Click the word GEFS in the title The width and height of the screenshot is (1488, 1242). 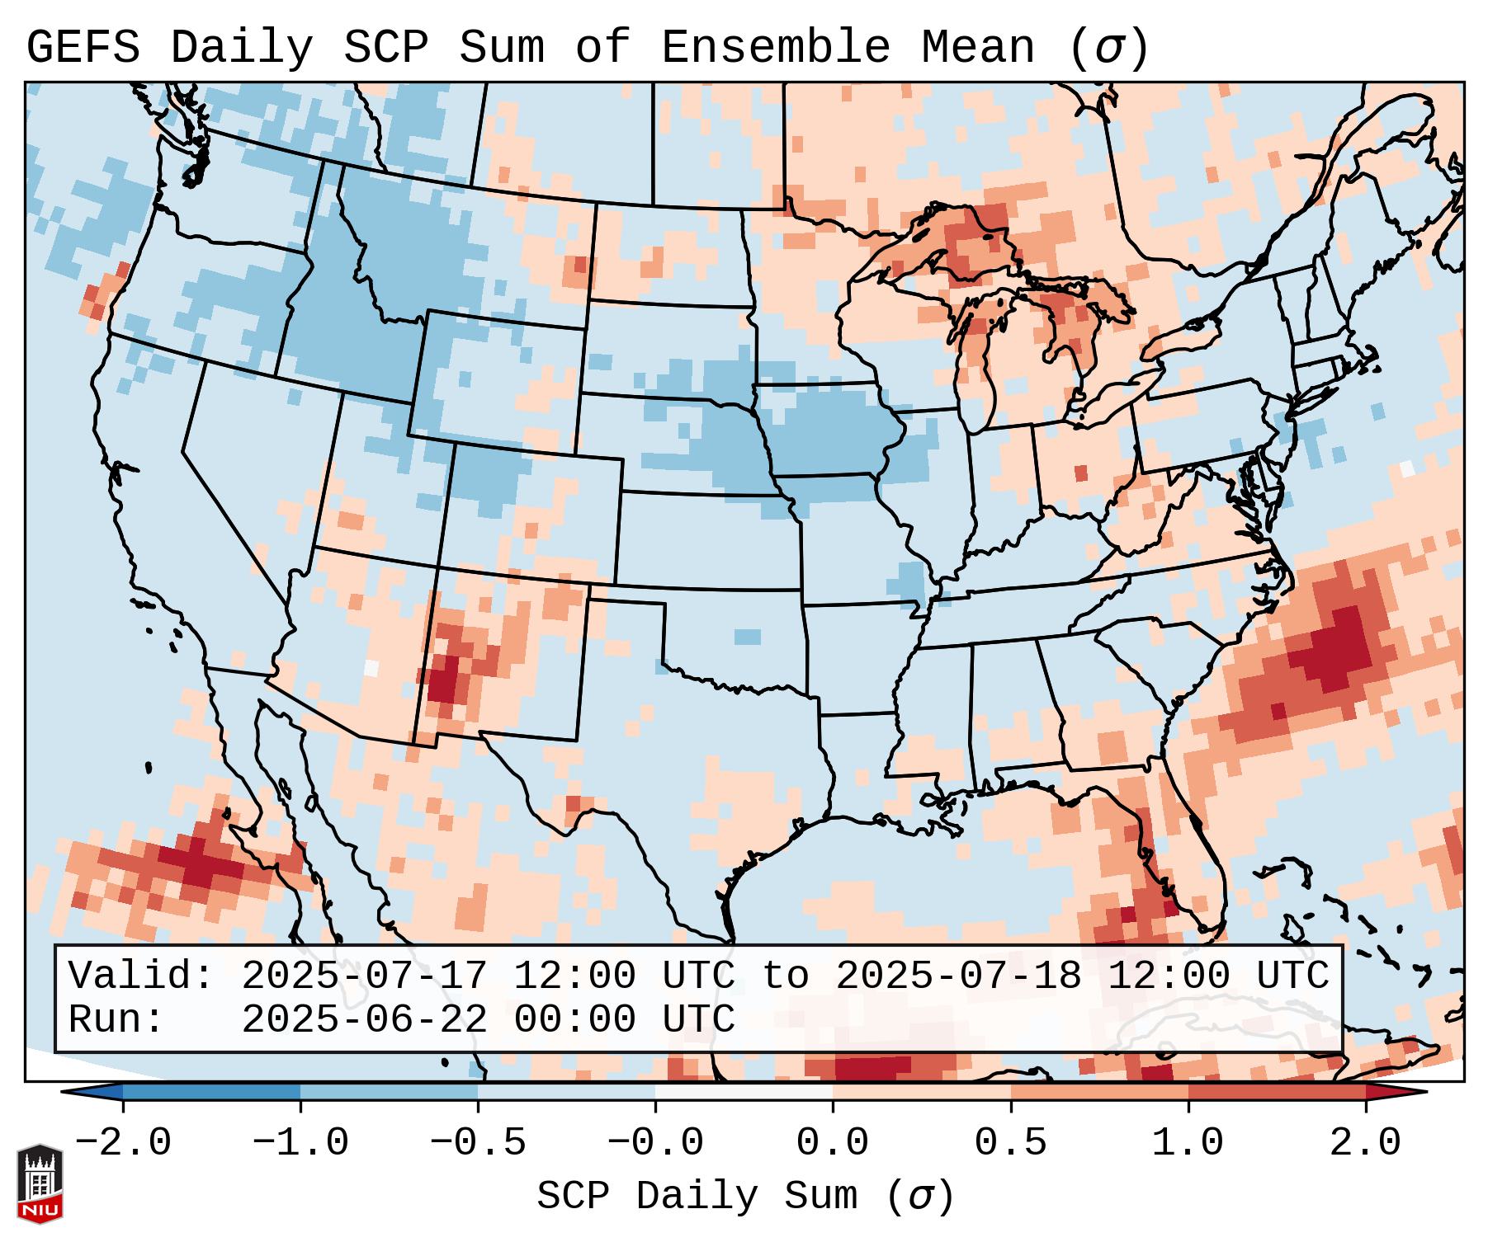click(83, 48)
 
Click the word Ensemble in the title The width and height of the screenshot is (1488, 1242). click(775, 48)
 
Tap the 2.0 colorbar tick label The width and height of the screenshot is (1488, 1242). click(1365, 1143)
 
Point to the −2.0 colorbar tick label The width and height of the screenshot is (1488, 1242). click(122, 1143)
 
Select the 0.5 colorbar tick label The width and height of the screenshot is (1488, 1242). click(1010, 1143)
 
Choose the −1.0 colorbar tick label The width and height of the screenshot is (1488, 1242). click(300, 1143)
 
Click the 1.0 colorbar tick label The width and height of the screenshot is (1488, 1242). click(1188, 1143)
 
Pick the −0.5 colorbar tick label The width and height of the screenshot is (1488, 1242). click(477, 1143)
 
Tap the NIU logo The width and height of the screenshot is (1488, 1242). click(40, 1183)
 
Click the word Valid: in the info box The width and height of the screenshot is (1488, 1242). click(141, 976)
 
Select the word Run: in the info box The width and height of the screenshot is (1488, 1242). click(116, 1020)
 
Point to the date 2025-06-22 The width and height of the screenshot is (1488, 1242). click(364, 1020)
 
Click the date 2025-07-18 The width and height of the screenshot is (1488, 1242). click(958, 976)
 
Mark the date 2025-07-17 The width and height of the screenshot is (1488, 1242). click(364, 976)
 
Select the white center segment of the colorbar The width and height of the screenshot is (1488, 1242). click(744, 1092)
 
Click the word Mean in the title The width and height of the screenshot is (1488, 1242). click(977, 48)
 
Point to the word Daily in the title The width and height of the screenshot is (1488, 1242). click(242, 48)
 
